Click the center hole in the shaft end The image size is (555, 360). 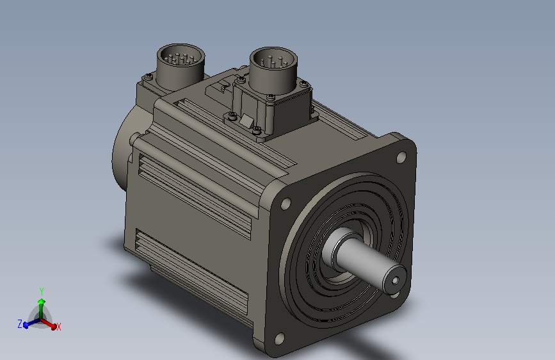[x=394, y=279]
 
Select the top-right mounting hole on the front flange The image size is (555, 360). [x=401, y=157]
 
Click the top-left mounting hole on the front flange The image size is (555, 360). [x=284, y=204]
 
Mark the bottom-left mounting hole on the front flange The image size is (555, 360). [x=279, y=338]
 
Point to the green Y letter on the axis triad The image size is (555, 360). [x=41, y=290]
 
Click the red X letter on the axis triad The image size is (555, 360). [x=59, y=327]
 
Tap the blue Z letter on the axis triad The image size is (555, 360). [x=20, y=323]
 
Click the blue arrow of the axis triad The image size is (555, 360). [x=29, y=324]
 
